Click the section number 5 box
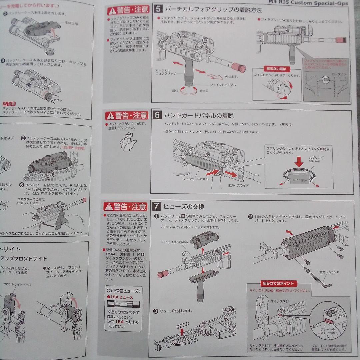[x=158, y=9]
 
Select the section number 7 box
[x=157, y=206]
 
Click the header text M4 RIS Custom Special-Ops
[x=308, y=3]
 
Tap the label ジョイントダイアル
[x=223, y=85]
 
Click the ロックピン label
[x=338, y=74]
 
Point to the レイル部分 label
[x=299, y=180]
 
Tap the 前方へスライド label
[x=238, y=185]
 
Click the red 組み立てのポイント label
[x=277, y=284]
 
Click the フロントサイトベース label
[x=17, y=284]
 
